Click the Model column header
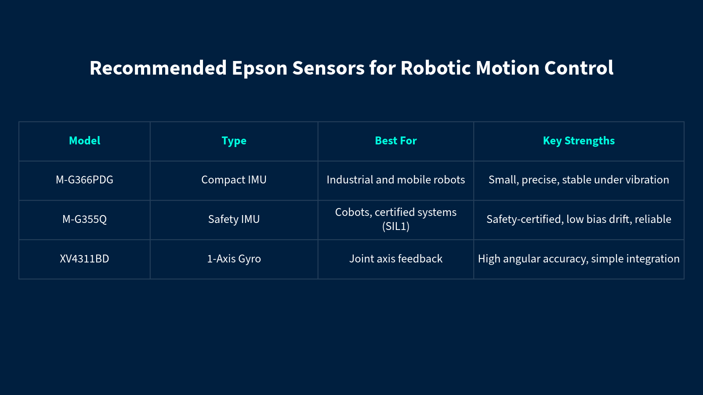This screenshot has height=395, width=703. point(84,141)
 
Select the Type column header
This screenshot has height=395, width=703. point(234,141)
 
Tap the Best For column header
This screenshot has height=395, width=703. point(396,141)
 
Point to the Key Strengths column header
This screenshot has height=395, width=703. point(579,141)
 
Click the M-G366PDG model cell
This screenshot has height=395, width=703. point(84,180)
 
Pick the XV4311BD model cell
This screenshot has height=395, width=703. point(84,259)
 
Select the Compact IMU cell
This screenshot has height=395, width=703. point(234,180)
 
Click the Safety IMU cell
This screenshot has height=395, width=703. point(234,219)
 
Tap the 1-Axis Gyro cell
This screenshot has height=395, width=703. point(234,259)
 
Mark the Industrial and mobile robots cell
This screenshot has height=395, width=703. point(396,180)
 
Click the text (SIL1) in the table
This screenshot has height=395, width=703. point(396,226)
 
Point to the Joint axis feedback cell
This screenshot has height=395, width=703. point(396,259)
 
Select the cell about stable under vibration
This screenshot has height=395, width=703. point(579,180)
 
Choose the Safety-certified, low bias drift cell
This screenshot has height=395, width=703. point(579,219)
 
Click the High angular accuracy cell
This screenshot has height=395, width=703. point(579,259)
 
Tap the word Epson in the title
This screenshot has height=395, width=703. point(260,68)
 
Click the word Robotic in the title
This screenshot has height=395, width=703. point(435,68)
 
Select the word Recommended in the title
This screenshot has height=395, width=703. point(158,68)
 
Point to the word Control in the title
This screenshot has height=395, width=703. point(579,68)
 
